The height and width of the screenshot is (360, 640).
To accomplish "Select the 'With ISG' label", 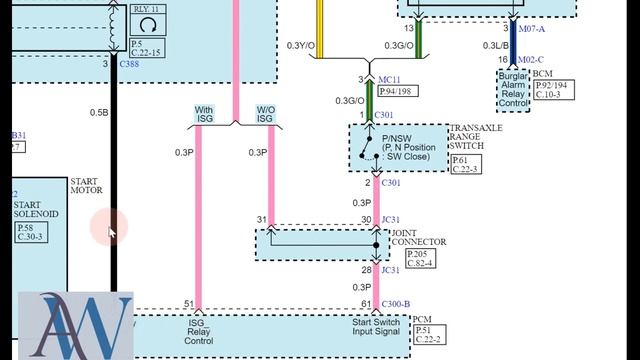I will (203, 115).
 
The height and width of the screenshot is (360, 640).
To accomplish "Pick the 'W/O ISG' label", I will (266, 115).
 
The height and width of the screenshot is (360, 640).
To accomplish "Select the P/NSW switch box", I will (398, 148).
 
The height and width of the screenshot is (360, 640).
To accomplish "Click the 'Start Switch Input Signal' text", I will (378, 328).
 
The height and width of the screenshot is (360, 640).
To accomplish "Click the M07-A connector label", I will (532, 29).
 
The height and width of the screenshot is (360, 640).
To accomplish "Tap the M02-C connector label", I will (532, 59).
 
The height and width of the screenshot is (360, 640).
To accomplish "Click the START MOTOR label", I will (86, 186).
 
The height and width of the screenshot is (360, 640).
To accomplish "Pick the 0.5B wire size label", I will (99, 113).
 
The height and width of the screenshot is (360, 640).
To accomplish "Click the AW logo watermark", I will (76, 325).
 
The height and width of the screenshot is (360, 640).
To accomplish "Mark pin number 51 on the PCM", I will (188, 304).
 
